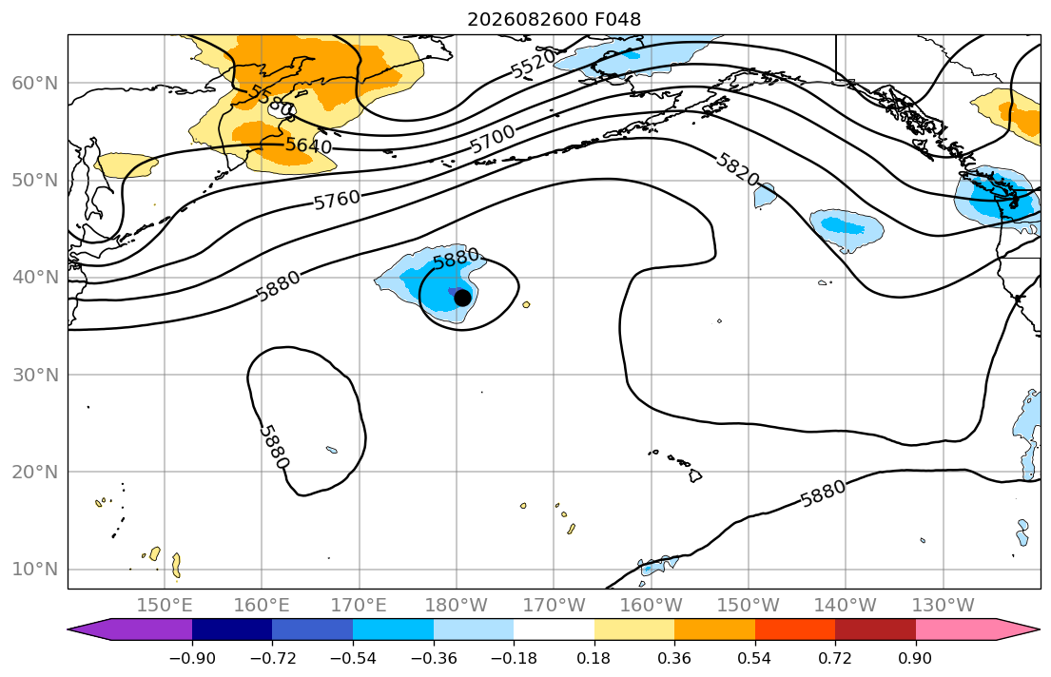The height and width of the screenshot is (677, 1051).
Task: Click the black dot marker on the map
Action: [x=462, y=298]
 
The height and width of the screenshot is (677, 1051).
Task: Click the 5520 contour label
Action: [x=534, y=64]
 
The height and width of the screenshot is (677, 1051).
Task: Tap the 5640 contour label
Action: [x=308, y=145]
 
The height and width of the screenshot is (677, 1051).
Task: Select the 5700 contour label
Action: [x=493, y=139]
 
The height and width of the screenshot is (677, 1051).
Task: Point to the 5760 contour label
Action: [x=337, y=200]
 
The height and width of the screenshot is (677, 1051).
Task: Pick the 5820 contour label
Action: [x=737, y=169]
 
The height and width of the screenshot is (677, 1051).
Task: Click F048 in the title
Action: [x=618, y=19]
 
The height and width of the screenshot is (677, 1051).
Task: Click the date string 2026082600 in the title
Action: [x=528, y=19]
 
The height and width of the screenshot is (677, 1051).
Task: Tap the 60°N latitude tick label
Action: [x=35, y=83]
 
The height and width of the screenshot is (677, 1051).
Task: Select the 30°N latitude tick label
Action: [x=35, y=375]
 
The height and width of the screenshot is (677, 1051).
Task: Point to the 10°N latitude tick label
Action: [x=35, y=570]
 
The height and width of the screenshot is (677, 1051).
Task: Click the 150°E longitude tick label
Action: [x=165, y=606]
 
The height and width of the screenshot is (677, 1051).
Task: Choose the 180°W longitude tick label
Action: [x=457, y=606]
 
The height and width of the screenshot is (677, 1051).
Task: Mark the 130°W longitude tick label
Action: [x=944, y=606]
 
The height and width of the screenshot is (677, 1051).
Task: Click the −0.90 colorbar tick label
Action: [x=192, y=658]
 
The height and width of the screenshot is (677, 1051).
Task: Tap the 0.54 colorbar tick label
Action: [x=755, y=658]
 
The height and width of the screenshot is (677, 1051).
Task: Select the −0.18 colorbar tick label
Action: [x=515, y=658]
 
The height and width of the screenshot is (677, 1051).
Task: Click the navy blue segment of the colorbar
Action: [x=232, y=629]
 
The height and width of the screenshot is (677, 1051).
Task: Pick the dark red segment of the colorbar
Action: [x=875, y=629]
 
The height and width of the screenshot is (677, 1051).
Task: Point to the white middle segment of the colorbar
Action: [x=555, y=629]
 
